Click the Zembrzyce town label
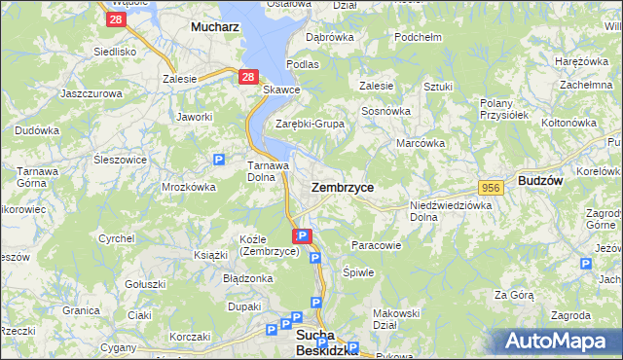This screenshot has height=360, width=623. (x=342, y=186)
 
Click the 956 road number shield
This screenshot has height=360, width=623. (x=490, y=187)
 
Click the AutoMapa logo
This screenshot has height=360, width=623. (x=560, y=342)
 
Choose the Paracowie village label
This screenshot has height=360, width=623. (x=376, y=245)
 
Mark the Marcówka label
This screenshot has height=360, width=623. (x=421, y=143)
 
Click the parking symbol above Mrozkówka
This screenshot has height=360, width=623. (x=219, y=160)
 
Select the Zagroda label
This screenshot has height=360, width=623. (x=570, y=315)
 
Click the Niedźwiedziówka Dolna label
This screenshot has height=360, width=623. (x=451, y=211)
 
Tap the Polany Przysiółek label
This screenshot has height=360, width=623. (x=504, y=108)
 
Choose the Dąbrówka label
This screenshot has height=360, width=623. (x=329, y=37)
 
